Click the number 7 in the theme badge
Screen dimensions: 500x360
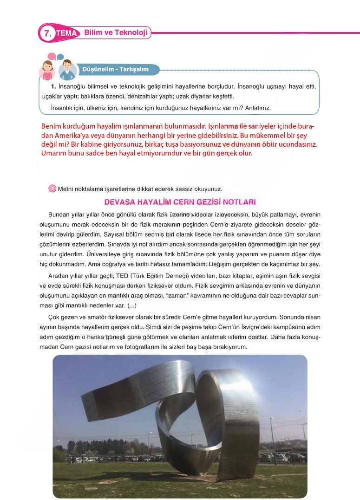[x=46, y=33]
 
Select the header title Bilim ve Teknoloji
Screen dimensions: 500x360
[x=116, y=33]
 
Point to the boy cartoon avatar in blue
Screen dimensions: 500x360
[x=68, y=70]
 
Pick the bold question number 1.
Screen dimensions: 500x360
[x=53, y=87]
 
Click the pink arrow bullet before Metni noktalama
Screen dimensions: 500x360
[x=52, y=188]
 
